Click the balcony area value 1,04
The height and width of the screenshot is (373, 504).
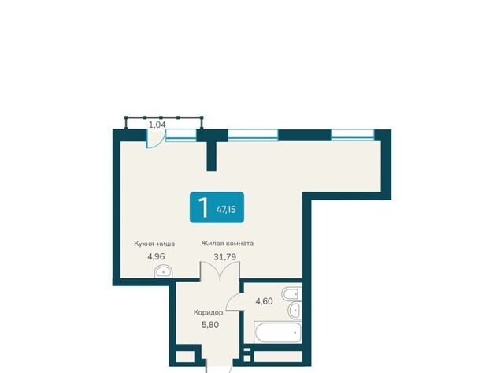click(157, 125)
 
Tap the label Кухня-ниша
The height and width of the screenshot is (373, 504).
click(154, 244)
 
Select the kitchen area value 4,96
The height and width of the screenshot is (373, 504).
click(156, 256)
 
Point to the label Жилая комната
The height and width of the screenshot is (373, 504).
click(228, 244)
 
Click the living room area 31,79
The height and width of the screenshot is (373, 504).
click(225, 257)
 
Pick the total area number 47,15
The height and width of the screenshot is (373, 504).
click(226, 210)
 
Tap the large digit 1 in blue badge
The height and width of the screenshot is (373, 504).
click(203, 207)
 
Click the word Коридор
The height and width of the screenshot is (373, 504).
click(208, 312)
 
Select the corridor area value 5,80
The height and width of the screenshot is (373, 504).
click(210, 325)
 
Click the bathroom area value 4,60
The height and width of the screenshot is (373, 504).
click(265, 301)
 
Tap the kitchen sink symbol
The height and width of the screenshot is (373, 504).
click(163, 271)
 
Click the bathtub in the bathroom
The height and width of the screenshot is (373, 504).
click(278, 332)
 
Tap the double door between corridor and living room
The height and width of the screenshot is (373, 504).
click(220, 271)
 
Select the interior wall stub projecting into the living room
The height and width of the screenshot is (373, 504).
click(211, 156)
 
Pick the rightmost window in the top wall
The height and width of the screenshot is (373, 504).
click(353, 135)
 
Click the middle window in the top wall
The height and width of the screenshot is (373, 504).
click(253, 135)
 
